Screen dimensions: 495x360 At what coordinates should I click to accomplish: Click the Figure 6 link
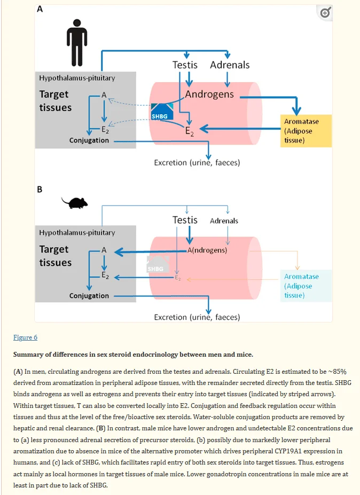(25, 337)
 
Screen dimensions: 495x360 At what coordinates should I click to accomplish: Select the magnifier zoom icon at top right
(325, 13)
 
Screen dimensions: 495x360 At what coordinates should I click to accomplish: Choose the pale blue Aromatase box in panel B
(306, 286)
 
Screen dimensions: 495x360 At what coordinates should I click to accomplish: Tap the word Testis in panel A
(185, 65)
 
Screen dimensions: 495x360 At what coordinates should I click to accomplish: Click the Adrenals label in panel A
(230, 65)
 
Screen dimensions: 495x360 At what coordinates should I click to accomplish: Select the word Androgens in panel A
(209, 95)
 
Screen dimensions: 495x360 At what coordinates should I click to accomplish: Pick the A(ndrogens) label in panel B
(207, 250)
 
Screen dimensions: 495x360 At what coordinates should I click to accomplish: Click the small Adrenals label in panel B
(224, 221)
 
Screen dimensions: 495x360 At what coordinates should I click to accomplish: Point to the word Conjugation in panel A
(89, 140)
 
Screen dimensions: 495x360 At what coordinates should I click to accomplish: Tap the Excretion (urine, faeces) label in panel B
(197, 317)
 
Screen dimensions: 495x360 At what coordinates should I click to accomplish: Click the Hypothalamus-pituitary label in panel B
(77, 233)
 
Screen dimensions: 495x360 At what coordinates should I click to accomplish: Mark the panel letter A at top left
(40, 9)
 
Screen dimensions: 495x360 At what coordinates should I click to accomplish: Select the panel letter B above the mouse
(40, 189)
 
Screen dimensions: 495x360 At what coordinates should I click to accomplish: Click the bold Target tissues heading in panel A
(55, 100)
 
